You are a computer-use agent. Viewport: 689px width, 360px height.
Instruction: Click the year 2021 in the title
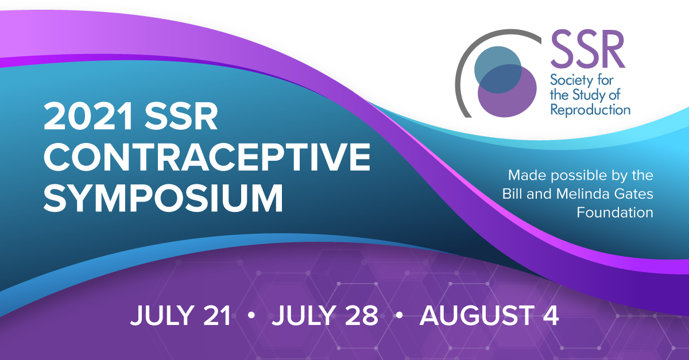88,117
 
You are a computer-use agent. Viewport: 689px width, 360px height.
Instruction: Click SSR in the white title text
181,117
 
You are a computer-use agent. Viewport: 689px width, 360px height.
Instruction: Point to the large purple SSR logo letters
587,49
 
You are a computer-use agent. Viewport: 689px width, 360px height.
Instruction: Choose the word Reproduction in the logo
590,110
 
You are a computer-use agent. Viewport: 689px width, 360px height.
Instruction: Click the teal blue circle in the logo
498,70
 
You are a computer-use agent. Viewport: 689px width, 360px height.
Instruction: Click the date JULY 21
180,315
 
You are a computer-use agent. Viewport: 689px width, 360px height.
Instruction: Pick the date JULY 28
325,315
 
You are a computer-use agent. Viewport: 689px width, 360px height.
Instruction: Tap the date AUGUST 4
489,315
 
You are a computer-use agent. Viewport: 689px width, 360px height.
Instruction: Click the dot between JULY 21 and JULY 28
251,315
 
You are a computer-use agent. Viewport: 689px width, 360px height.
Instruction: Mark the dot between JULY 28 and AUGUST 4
399,315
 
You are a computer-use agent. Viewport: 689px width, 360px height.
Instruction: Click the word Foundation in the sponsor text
614,212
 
